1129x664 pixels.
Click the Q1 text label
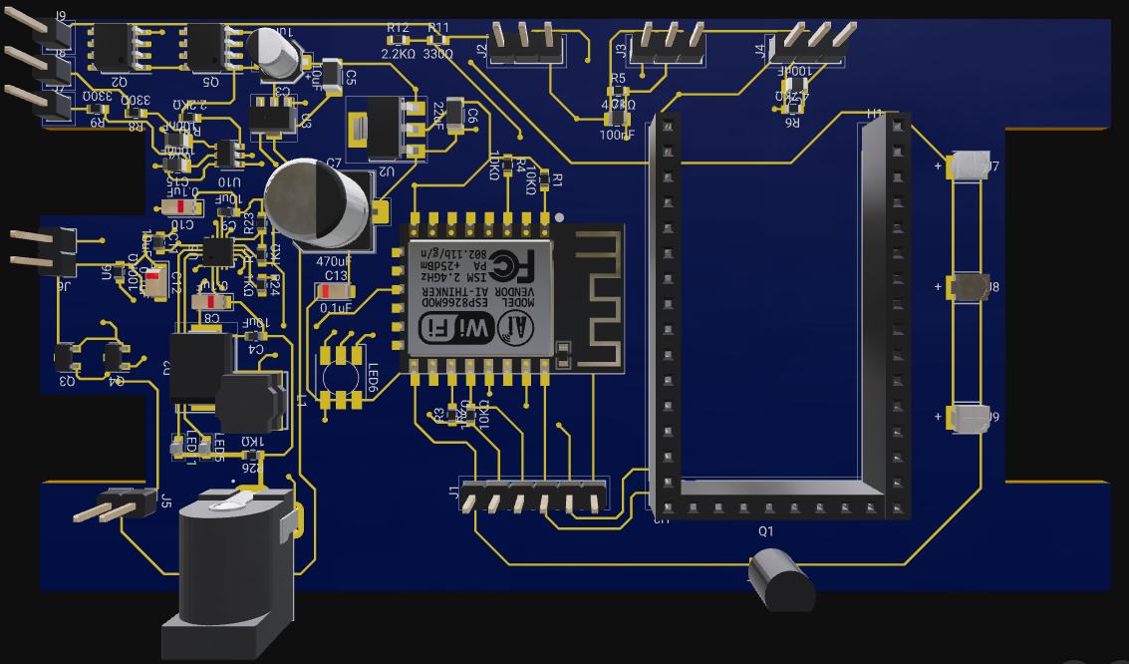[765, 531]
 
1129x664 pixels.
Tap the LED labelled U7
[971, 166]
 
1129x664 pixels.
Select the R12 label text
[398, 27]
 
